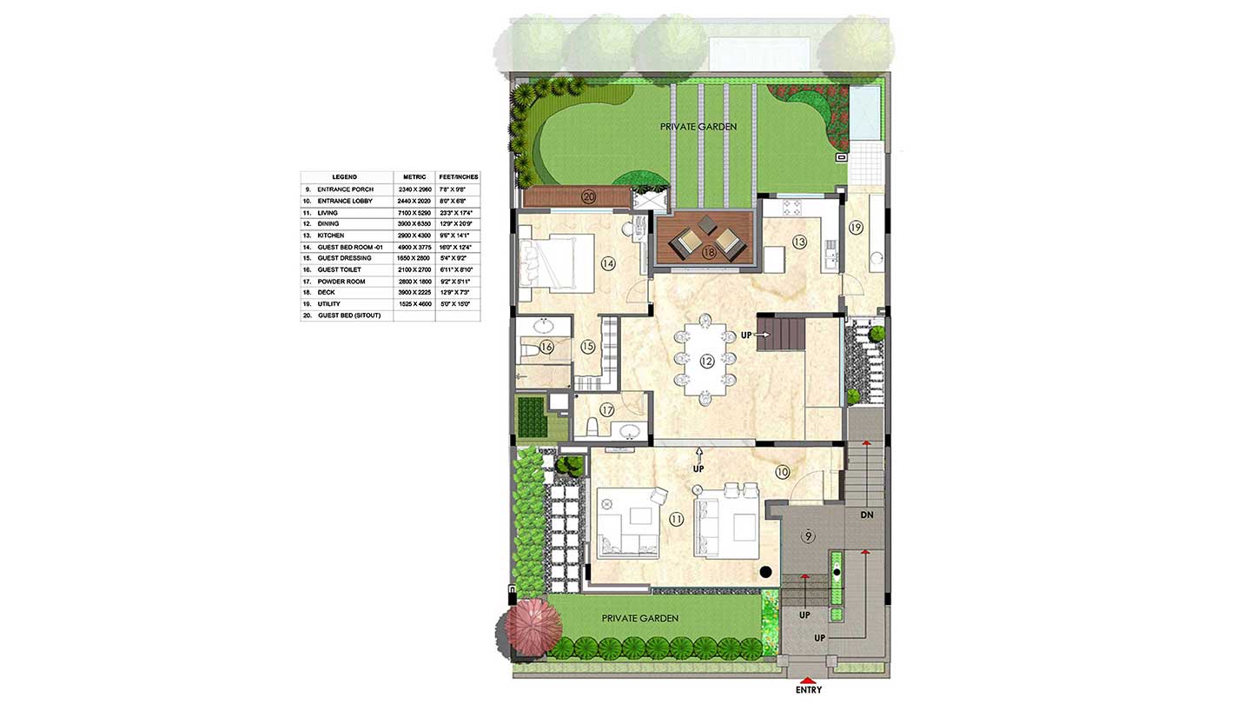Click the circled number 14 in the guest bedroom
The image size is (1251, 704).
click(607, 262)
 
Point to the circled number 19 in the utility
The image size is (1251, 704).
click(856, 228)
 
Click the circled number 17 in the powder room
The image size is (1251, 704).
click(607, 410)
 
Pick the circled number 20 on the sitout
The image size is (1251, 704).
click(589, 197)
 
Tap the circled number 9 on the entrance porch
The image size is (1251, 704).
click(809, 535)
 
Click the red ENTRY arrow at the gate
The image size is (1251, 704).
click(808, 681)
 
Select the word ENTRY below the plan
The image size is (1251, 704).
click(808, 691)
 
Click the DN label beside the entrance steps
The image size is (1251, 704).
click(866, 515)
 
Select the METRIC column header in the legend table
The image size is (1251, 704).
click(414, 177)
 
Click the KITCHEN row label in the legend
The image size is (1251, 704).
click(331, 236)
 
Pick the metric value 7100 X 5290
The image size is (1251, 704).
click(414, 212)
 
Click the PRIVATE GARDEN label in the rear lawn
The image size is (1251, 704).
click(698, 127)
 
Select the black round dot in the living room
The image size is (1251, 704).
click(765, 572)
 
